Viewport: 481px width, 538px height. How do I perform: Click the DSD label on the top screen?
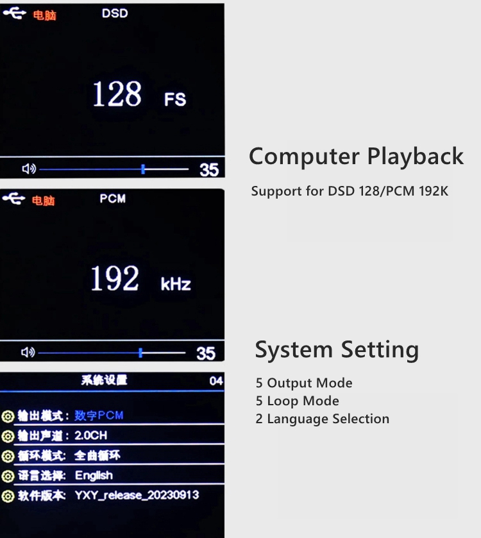pyautogui.click(x=115, y=13)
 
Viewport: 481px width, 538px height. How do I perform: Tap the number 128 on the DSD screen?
pyautogui.click(x=117, y=94)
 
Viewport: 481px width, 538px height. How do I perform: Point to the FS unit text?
pyautogui.click(x=175, y=99)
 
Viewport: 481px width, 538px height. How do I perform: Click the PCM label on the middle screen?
pyautogui.click(x=112, y=199)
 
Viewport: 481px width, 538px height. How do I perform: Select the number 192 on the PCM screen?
pyautogui.click(x=115, y=278)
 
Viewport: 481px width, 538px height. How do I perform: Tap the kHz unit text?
pyautogui.click(x=176, y=284)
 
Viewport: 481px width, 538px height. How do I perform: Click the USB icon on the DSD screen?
pyautogui.click(x=14, y=13)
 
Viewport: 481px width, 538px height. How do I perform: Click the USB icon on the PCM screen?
pyautogui.click(x=13, y=198)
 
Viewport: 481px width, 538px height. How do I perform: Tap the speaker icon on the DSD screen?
pyautogui.click(x=29, y=169)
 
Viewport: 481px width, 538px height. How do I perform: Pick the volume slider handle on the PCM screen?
pyautogui.click(x=140, y=353)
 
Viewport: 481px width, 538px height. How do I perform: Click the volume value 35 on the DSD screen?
pyautogui.click(x=209, y=170)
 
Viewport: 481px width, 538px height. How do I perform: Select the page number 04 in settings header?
pyautogui.click(x=216, y=381)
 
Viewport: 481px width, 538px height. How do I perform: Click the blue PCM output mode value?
pyautogui.click(x=99, y=416)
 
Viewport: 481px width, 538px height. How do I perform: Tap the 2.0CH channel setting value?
pyautogui.click(x=91, y=435)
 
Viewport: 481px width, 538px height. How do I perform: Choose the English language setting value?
pyautogui.click(x=94, y=476)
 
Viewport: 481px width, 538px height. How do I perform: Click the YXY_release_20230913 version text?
pyautogui.click(x=137, y=495)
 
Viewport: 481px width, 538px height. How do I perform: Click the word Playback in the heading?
pyautogui.click(x=416, y=157)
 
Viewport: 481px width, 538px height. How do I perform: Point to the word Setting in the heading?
pyautogui.click(x=380, y=350)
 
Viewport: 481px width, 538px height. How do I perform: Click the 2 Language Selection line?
pyautogui.click(x=323, y=419)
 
